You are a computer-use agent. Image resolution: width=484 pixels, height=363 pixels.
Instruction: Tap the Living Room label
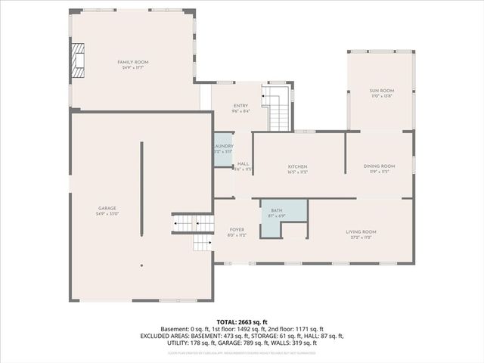click(361, 231)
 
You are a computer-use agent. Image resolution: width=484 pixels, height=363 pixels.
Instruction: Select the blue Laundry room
click(223, 149)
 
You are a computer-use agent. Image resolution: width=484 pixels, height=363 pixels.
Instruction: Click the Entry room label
click(240, 106)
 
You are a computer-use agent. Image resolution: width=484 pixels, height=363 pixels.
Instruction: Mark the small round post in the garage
click(141, 265)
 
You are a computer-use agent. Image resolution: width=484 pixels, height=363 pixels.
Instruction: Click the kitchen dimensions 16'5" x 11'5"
click(297, 172)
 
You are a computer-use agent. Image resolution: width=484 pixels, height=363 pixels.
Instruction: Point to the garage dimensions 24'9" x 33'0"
click(107, 214)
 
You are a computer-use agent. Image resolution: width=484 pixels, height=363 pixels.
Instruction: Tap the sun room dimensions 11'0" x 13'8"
click(380, 96)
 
